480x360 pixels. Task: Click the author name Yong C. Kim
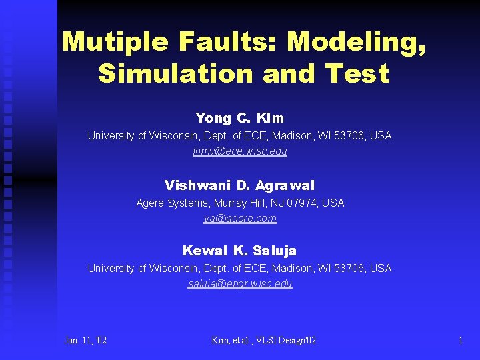pyautogui.click(x=239, y=118)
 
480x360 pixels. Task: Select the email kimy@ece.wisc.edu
pyautogui.click(x=240, y=151)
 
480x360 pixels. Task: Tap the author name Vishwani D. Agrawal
pyautogui.click(x=239, y=185)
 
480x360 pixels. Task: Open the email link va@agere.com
pyautogui.click(x=240, y=218)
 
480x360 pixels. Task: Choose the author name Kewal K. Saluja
pyautogui.click(x=239, y=251)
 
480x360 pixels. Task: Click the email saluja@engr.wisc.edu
pyautogui.click(x=240, y=283)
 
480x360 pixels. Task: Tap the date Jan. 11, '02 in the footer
pyautogui.click(x=85, y=341)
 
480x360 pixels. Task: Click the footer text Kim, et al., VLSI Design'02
pyautogui.click(x=263, y=341)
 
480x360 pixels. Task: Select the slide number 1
pyautogui.click(x=460, y=341)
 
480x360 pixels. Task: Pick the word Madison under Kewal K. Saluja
pyautogui.click(x=295, y=268)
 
